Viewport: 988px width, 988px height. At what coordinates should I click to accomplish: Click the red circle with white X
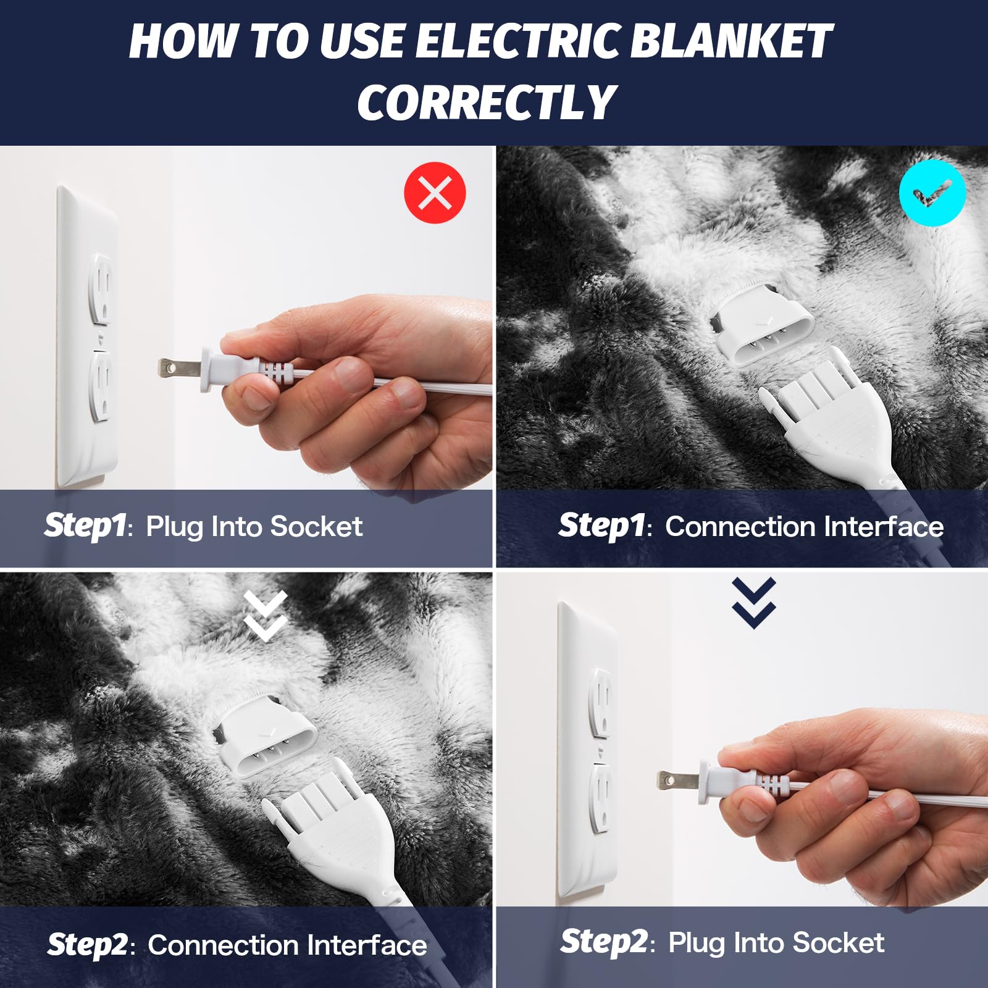click(x=435, y=193)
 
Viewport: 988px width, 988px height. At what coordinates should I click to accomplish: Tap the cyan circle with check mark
click(x=932, y=193)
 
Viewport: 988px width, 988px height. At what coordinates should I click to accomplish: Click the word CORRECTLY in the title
click(x=487, y=103)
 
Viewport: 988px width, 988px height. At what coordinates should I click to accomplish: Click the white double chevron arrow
click(x=266, y=615)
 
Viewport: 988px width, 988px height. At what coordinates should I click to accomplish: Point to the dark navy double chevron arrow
click(x=753, y=603)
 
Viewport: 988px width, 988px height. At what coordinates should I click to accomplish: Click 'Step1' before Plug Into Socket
click(x=85, y=525)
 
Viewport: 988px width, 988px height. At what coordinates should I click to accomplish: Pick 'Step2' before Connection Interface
click(x=88, y=945)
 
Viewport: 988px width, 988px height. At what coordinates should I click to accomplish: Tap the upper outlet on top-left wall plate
click(x=101, y=287)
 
